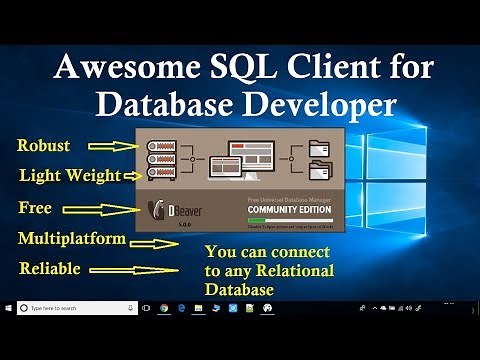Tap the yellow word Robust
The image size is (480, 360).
pyautogui.click(x=44, y=146)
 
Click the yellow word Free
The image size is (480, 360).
pyautogui.click(x=35, y=209)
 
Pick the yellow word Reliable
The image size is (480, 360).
pyautogui.click(x=49, y=269)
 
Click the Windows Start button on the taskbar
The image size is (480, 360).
pyautogui.click(x=9, y=309)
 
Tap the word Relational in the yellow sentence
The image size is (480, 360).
pyautogui.click(x=295, y=271)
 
